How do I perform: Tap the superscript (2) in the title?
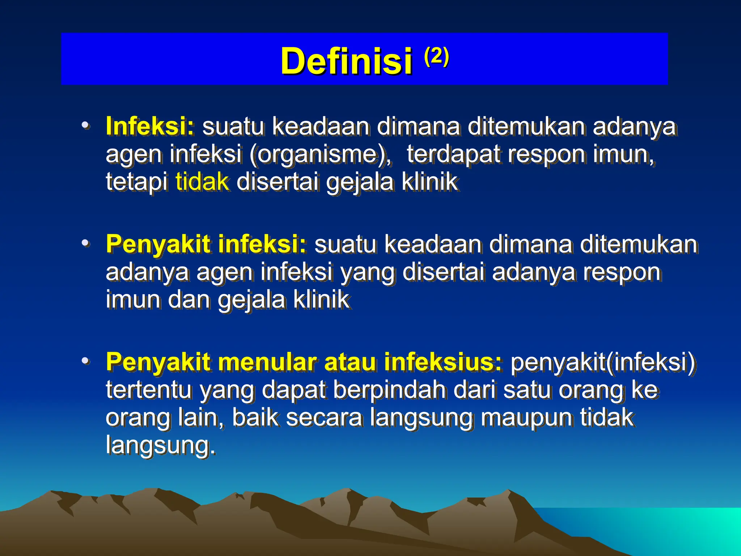[436, 56]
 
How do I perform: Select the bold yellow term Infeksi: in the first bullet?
[150, 126]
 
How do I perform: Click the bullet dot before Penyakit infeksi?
[85, 243]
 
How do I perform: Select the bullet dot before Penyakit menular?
[85, 361]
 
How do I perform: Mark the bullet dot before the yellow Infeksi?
[85, 126]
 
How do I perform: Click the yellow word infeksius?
[443, 362]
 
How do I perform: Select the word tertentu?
[148, 390]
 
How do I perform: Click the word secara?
[324, 417]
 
